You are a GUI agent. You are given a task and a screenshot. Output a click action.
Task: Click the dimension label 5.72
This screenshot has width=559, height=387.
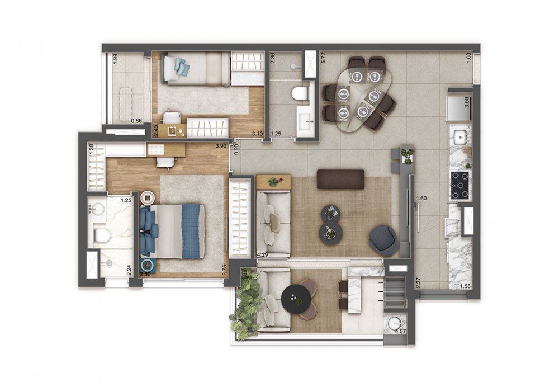[323, 58]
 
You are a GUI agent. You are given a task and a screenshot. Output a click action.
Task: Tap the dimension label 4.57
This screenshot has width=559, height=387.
[400, 331]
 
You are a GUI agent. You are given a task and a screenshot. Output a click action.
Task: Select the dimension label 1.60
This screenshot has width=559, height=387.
[421, 198]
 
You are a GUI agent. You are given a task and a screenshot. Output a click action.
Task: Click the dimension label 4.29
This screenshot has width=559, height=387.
[262, 255]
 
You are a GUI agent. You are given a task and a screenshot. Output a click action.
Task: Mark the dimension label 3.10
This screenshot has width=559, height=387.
[257, 134]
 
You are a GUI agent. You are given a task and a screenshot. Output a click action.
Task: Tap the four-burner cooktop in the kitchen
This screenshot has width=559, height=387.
[460, 186]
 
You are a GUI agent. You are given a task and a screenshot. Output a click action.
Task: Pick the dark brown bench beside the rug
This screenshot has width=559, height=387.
[340, 179]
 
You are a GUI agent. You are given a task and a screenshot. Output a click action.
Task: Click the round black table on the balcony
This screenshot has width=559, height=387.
[296, 298]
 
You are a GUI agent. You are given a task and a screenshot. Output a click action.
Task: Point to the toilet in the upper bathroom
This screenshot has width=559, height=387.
[301, 93]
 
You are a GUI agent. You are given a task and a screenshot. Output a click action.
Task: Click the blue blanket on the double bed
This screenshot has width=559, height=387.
[191, 231]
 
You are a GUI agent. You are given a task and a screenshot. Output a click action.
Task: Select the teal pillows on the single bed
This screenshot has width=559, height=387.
[182, 67]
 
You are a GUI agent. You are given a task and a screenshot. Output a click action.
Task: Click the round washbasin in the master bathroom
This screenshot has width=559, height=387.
[98, 209]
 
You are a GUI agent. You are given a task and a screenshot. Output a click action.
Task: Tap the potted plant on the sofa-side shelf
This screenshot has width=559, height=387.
[273, 182]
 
